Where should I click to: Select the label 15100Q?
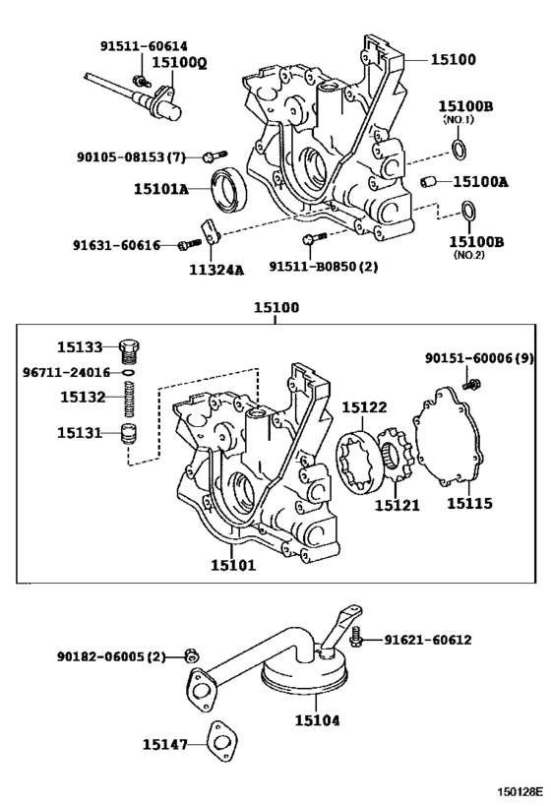coord(182,62)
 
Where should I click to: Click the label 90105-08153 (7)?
coord(131,156)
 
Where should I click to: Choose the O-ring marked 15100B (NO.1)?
coord(459,149)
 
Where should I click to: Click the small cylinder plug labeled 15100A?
coord(430,181)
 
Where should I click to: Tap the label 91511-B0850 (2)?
coord(324,267)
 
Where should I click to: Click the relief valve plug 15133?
coord(130,348)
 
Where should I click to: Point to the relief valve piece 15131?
coord(129,433)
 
